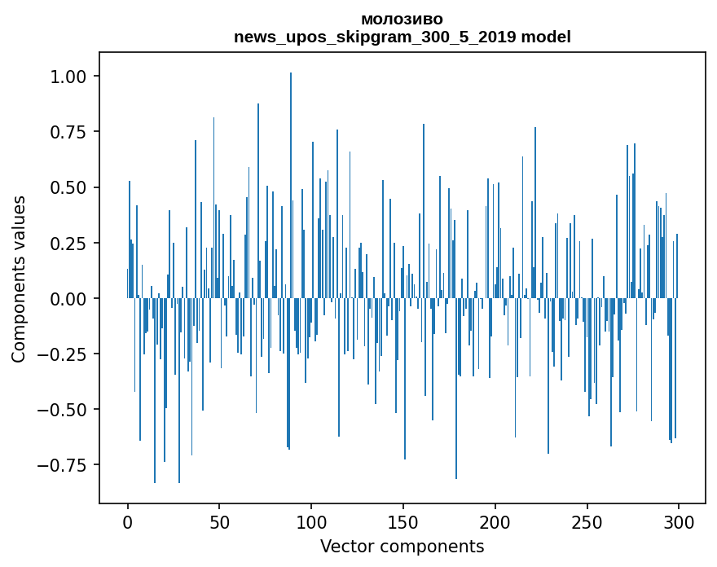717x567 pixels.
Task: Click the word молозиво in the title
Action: point(402,20)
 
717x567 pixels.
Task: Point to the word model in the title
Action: point(546,37)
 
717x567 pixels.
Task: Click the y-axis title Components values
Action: point(19,279)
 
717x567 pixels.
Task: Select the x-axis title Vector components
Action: point(402,547)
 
